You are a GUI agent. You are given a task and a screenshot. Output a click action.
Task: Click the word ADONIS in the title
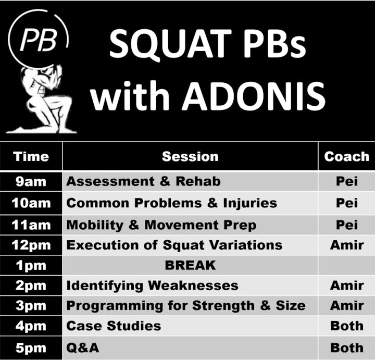[x=253, y=96]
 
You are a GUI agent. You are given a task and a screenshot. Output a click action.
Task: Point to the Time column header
[x=31, y=157]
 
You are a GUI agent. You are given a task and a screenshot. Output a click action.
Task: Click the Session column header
[x=190, y=157]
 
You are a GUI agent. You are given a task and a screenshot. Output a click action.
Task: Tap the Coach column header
[x=347, y=157]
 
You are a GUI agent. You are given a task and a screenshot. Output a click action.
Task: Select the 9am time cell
[x=31, y=182]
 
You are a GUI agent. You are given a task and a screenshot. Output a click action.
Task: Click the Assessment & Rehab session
[x=144, y=181]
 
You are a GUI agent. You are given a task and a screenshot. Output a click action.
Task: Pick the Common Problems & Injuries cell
[x=190, y=203]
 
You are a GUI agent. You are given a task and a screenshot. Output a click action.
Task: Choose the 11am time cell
[x=31, y=225]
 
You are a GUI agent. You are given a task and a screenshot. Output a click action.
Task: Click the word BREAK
[x=191, y=265]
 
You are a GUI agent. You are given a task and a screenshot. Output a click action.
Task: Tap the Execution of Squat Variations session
[x=174, y=245]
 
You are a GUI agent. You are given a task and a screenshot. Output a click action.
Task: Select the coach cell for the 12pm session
[x=347, y=245]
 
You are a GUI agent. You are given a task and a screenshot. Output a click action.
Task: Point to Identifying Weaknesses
[x=152, y=285]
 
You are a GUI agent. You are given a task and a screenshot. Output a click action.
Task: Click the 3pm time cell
[x=31, y=306]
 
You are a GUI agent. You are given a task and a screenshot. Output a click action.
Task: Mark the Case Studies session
[x=114, y=326]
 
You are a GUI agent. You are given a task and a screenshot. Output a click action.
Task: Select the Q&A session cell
[x=190, y=348]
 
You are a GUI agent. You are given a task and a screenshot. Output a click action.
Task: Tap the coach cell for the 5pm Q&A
[x=347, y=348]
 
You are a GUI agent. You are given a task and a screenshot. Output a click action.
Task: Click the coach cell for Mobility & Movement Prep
[x=347, y=225]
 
